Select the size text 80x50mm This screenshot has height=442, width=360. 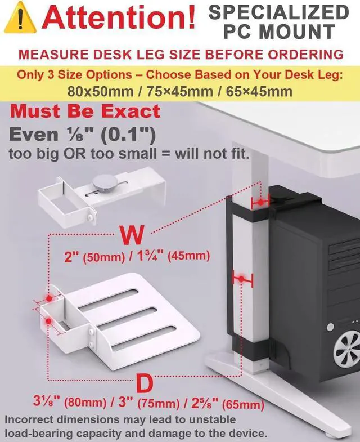pyautogui.click(x=99, y=91)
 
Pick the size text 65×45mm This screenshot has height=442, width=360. pyautogui.click(x=260, y=91)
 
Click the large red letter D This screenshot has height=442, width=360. pyautogui.click(x=144, y=385)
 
